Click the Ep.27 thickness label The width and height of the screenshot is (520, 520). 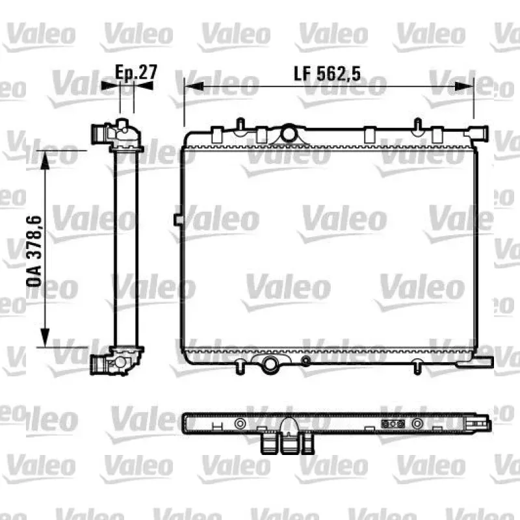coord(136,72)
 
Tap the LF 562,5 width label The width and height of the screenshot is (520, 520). coord(327,73)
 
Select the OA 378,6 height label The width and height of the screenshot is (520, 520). coord(34,251)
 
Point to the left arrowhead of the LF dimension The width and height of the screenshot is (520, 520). coord(194,86)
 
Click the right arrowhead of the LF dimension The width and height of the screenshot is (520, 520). coord(464,86)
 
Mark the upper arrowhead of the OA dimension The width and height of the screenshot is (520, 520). coord(45,160)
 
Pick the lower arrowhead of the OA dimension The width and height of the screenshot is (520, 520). coord(45,337)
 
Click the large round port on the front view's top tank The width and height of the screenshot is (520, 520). coord(289,133)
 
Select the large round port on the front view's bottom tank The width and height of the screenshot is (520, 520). coord(270,364)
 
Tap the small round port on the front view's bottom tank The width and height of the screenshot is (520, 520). coord(305,361)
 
